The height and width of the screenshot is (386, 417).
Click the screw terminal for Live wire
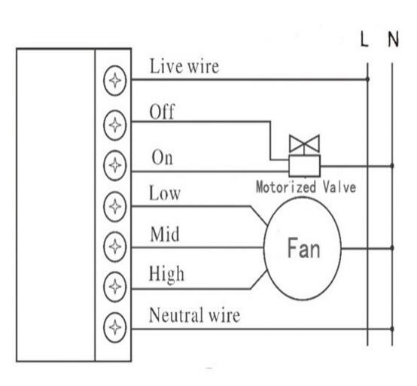(114, 81)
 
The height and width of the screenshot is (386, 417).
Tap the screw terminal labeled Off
(114, 125)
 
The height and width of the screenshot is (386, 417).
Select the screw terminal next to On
(114, 166)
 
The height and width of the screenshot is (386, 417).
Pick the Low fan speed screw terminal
(114, 207)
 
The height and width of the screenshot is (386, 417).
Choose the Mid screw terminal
(114, 247)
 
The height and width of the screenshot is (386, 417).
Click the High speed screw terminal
(114, 287)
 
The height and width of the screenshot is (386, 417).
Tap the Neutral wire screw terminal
(114, 327)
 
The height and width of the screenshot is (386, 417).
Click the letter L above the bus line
(364, 39)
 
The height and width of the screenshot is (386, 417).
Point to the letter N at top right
(394, 39)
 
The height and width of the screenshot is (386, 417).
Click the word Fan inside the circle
(303, 248)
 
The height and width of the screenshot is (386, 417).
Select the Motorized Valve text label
(306, 187)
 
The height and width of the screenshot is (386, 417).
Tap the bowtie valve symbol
(304, 144)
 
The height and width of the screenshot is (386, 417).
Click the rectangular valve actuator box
(305, 166)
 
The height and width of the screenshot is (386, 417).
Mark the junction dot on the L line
(367, 79)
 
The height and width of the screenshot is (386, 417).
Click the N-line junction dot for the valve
(392, 166)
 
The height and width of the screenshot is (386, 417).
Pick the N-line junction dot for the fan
(392, 248)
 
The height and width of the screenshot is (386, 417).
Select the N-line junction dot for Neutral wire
(392, 329)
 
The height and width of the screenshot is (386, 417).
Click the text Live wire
(184, 66)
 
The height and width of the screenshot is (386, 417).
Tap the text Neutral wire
(194, 315)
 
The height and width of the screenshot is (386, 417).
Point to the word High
(166, 275)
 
